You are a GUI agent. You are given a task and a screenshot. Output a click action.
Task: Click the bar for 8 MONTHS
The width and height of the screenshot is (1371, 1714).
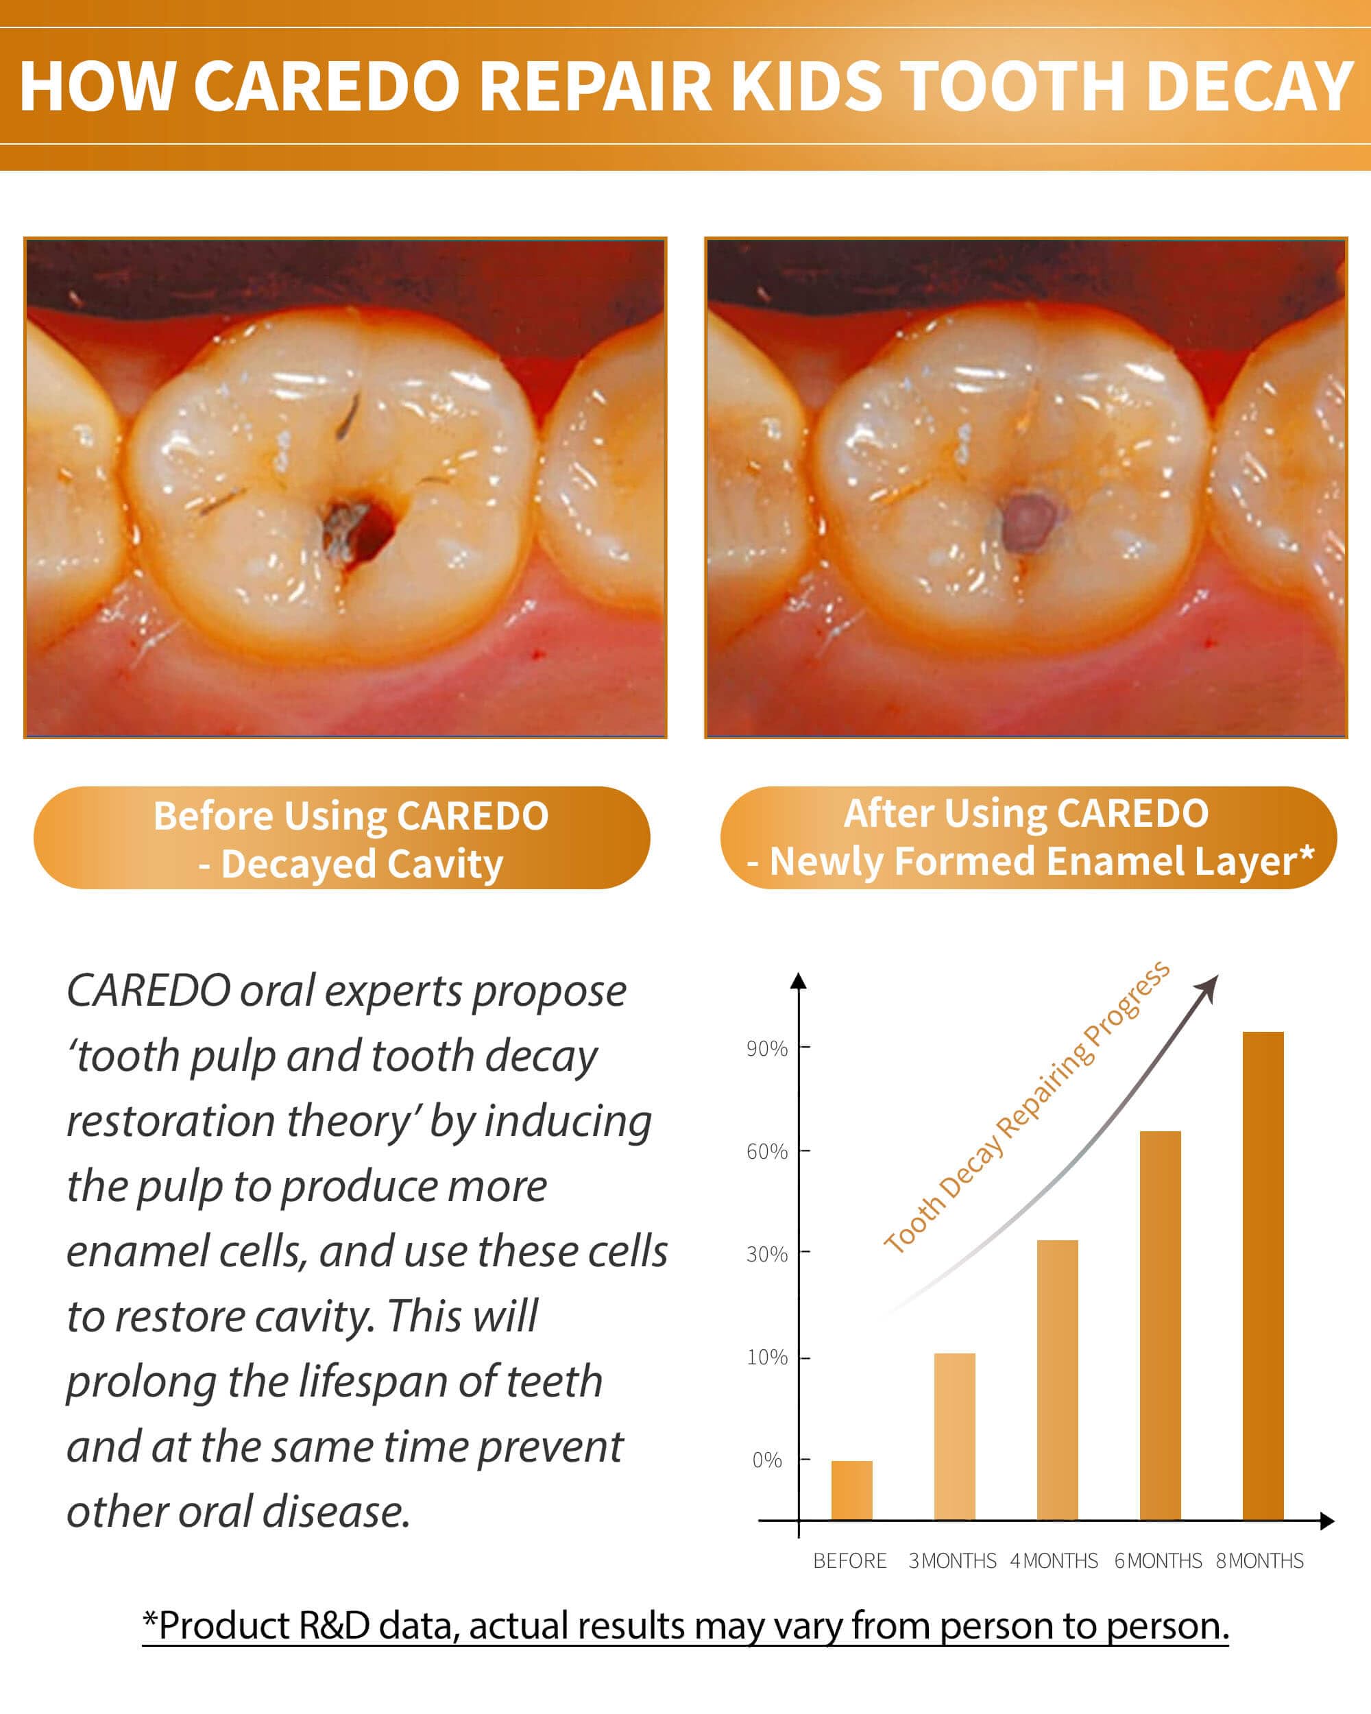click(x=1263, y=1276)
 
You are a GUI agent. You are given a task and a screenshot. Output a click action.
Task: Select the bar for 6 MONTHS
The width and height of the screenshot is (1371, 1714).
click(x=1161, y=1325)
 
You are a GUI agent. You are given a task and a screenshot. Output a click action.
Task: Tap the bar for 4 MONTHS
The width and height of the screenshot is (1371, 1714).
click(x=1058, y=1380)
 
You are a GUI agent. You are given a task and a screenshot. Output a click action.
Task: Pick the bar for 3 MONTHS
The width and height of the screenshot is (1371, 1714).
click(x=954, y=1436)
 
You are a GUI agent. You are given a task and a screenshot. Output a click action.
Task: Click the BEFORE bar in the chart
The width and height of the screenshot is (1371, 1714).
click(x=852, y=1490)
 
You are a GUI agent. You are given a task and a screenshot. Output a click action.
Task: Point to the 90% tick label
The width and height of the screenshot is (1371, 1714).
click(x=767, y=1048)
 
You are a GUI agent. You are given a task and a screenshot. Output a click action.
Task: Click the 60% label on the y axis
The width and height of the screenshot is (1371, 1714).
click(x=767, y=1151)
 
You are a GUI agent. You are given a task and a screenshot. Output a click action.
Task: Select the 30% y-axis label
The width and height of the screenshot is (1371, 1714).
click(x=767, y=1254)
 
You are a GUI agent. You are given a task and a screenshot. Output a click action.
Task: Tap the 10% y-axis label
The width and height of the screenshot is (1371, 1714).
click(x=767, y=1357)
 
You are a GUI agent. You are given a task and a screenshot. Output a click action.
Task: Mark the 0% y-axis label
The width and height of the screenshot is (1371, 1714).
click(x=768, y=1460)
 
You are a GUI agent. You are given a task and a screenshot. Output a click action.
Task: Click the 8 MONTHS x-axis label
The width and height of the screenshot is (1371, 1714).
click(x=1260, y=1560)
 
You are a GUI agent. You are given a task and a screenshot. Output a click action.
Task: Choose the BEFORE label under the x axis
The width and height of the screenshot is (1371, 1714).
click(x=849, y=1560)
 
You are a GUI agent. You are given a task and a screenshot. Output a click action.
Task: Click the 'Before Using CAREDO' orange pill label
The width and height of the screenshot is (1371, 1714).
click(x=342, y=838)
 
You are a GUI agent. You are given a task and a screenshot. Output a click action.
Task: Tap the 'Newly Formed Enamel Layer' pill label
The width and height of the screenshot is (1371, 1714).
click(x=1028, y=838)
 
